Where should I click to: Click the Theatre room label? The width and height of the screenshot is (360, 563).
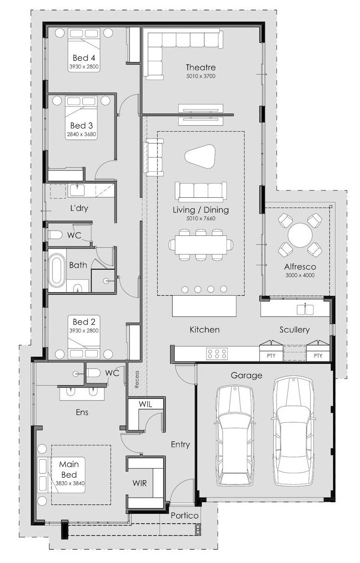[200, 67]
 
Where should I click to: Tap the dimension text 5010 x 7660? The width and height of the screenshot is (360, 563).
[201, 219]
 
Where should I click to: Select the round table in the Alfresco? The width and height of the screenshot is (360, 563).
[300, 235]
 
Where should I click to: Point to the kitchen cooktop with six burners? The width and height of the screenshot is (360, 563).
[217, 354]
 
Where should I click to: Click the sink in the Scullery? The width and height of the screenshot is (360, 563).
[305, 310]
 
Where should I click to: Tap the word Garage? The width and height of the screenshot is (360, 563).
[246, 375]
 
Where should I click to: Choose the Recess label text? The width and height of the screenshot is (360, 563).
[137, 379]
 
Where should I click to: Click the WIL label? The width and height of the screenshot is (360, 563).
[146, 404]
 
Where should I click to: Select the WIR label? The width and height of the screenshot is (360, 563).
[140, 483]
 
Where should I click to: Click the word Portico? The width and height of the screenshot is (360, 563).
[185, 516]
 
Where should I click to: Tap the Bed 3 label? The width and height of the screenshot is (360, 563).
[81, 125]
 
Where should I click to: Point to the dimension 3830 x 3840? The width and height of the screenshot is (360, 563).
[70, 483]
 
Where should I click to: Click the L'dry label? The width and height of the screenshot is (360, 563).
[79, 208]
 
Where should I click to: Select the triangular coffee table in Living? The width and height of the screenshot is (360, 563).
[200, 156]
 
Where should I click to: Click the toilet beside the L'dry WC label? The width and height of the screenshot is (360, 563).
[55, 235]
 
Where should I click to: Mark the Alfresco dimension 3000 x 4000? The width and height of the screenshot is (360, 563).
[300, 275]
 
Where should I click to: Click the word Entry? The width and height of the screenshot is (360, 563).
[180, 445]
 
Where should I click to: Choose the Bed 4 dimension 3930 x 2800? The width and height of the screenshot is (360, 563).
[84, 67]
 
